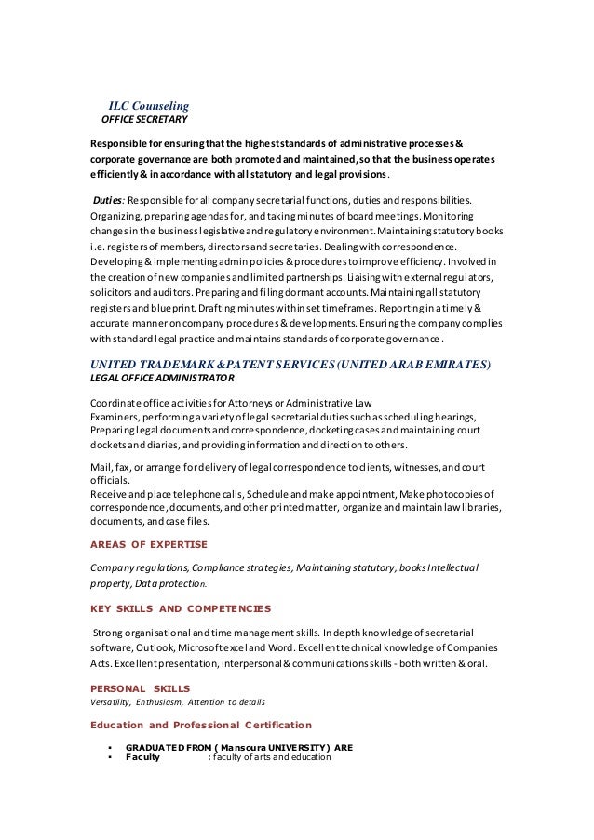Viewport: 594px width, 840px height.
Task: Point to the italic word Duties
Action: [x=107, y=198]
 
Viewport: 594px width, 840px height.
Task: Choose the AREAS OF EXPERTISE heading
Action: [x=148, y=543]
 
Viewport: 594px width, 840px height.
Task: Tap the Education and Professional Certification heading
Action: [x=200, y=724]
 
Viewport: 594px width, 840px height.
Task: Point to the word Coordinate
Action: [x=115, y=402]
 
